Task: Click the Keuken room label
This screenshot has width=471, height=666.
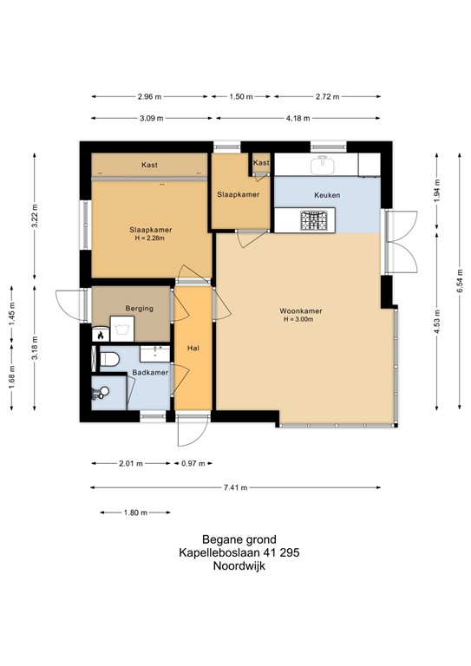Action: pyautogui.click(x=328, y=196)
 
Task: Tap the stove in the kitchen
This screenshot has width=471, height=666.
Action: pyautogui.click(x=313, y=220)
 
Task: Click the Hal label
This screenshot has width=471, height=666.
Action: pyautogui.click(x=193, y=349)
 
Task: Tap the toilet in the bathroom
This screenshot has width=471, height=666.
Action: pyautogui.click(x=108, y=358)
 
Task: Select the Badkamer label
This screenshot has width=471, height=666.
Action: pyautogui.click(x=149, y=373)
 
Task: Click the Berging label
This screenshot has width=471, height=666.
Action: pyautogui.click(x=139, y=308)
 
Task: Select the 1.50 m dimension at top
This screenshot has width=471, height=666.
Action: pyautogui.click(x=242, y=98)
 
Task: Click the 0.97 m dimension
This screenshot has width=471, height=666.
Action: pyautogui.click(x=189, y=464)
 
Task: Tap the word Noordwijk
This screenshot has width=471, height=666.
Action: pyautogui.click(x=235, y=565)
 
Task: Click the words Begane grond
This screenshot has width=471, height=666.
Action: pyautogui.click(x=235, y=538)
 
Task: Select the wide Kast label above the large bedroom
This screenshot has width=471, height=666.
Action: pyautogui.click(x=149, y=164)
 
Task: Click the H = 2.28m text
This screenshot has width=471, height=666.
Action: pyautogui.click(x=149, y=238)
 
